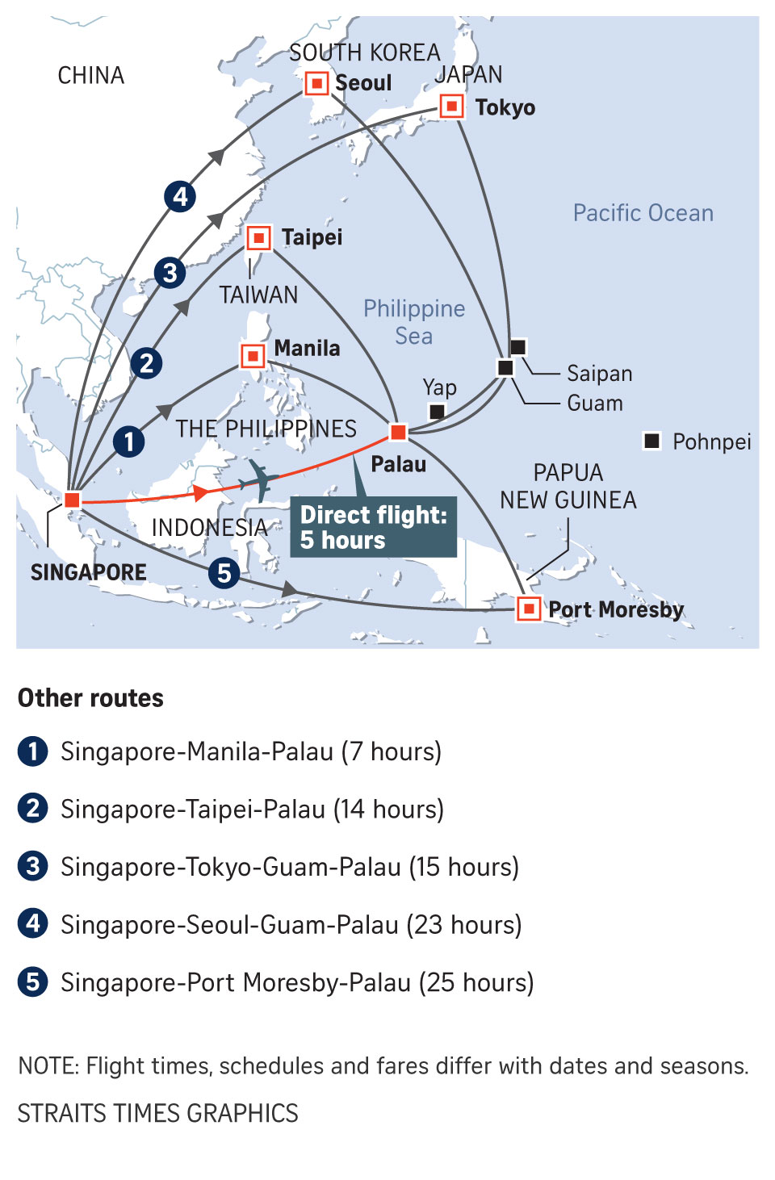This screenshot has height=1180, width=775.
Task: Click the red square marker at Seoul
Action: point(316,83)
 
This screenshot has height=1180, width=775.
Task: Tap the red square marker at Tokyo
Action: point(451,106)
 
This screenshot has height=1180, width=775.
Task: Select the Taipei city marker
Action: point(258,238)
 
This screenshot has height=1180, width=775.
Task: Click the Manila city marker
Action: point(253,355)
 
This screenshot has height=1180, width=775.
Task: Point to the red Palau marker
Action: point(398,432)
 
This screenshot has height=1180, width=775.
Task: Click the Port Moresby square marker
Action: point(528,608)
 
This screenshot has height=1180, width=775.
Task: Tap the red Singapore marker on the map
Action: point(72,500)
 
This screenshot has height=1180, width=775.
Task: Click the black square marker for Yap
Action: point(437,412)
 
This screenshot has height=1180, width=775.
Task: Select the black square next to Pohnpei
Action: point(651,441)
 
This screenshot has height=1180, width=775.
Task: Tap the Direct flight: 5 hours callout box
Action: point(374,527)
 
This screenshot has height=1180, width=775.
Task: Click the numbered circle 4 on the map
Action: point(180,196)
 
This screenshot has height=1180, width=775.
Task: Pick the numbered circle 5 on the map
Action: point(224,573)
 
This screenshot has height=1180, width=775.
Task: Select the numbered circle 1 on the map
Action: point(128,441)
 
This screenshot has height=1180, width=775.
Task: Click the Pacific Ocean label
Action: point(643,213)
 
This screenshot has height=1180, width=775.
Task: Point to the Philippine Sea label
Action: point(414,322)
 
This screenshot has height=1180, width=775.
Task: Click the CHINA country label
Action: point(91,76)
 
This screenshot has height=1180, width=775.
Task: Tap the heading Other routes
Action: point(90,698)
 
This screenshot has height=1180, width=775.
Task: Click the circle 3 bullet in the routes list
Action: point(32,866)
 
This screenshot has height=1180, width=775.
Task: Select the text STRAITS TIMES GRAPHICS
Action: point(158,1113)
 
